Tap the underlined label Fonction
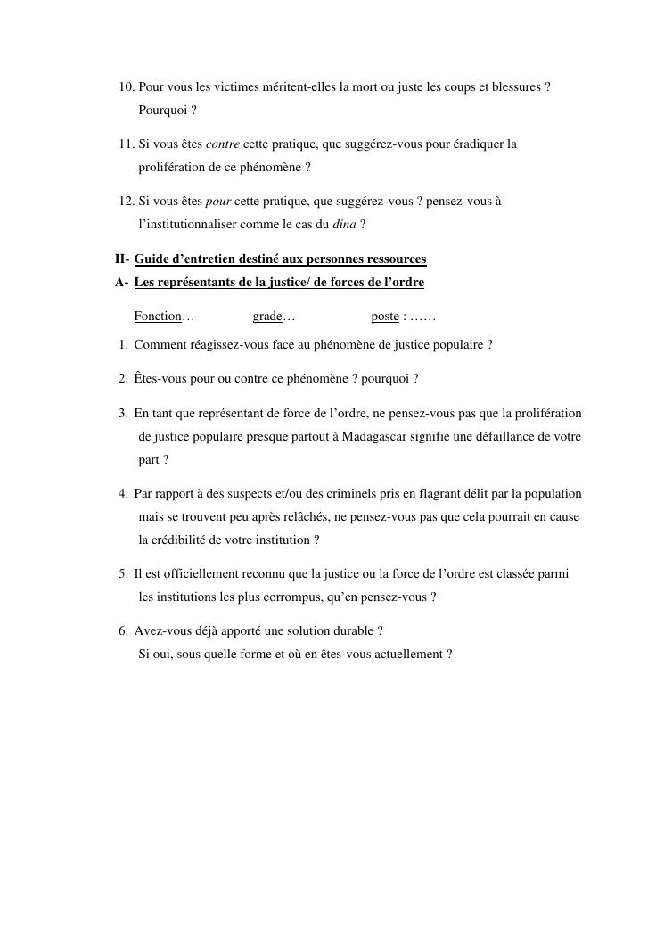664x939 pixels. pos(158,317)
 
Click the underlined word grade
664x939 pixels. pos(267,317)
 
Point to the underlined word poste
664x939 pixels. pos(385,317)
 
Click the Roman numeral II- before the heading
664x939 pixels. pos(122,259)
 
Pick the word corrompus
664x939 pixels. pos(277,597)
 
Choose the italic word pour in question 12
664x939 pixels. pos(218,202)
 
